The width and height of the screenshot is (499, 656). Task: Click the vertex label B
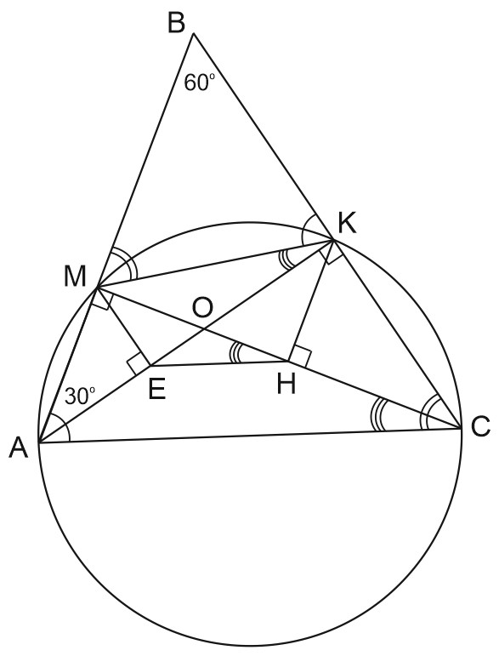pyautogui.click(x=176, y=23)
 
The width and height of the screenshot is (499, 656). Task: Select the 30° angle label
pyautogui.click(x=80, y=396)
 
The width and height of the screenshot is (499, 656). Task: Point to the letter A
pyautogui.click(x=19, y=448)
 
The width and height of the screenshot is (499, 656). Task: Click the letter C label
pyautogui.click(x=480, y=428)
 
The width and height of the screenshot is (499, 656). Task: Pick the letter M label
pyautogui.click(x=75, y=277)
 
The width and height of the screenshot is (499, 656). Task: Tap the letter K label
pyautogui.click(x=348, y=224)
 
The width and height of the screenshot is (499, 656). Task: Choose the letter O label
pyautogui.click(x=202, y=308)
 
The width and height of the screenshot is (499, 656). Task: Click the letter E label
pyautogui.click(x=157, y=390)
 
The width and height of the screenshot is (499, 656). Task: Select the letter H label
pyautogui.click(x=286, y=384)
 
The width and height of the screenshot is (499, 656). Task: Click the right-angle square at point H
pyautogui.click(x=299, y=357)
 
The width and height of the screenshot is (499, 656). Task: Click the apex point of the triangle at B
pyautogui.click(x=193, y=33)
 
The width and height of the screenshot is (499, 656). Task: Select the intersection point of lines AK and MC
pyautogui.click(x=203, y=330)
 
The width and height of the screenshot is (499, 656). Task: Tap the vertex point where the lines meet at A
pyautogui.click(x=38, y=442)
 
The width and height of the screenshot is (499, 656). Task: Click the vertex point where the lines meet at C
pyautogui.click(x=462, y=429)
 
